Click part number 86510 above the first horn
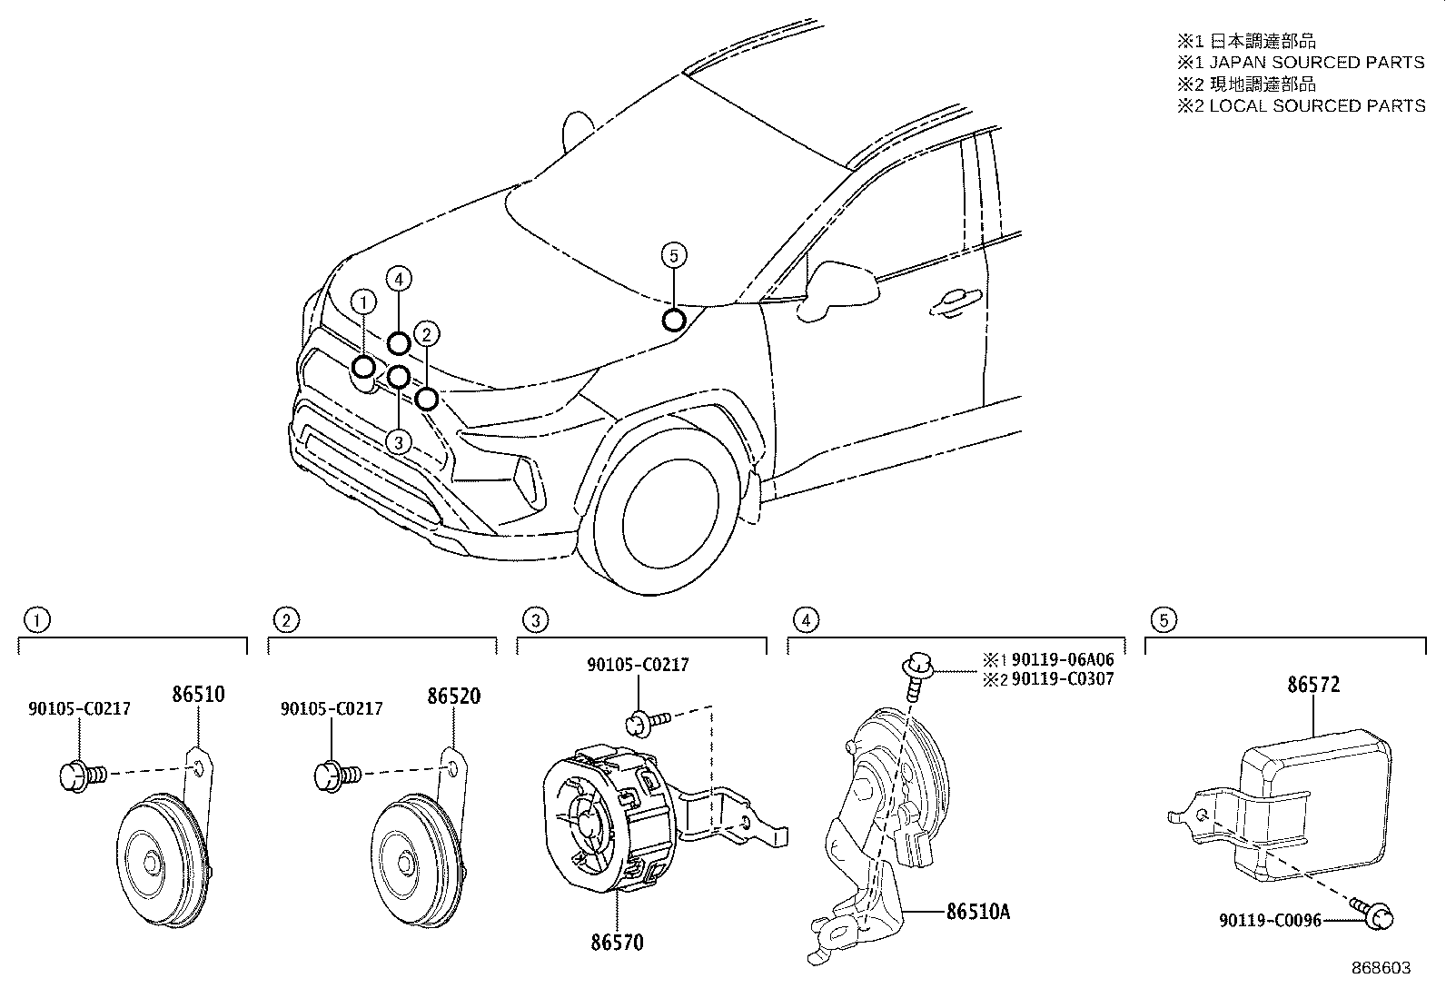click(x=198, y=696)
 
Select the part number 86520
click(x=453, y=697)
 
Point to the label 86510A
click(x=977, y=911)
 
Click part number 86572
click(x=1312, y=685)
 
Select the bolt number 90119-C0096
click(x=1269, y=921)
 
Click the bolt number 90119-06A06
click(x=1062, y=660)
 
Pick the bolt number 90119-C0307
click(x=1062, y=678)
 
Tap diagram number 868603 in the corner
click(x=1382, y=968)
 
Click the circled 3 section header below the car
click(x=536, y=620)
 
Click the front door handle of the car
click(x=955, y=303)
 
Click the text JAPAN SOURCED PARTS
click(x=1316, y=63)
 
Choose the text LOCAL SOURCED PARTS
click(x=1316, y=106)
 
